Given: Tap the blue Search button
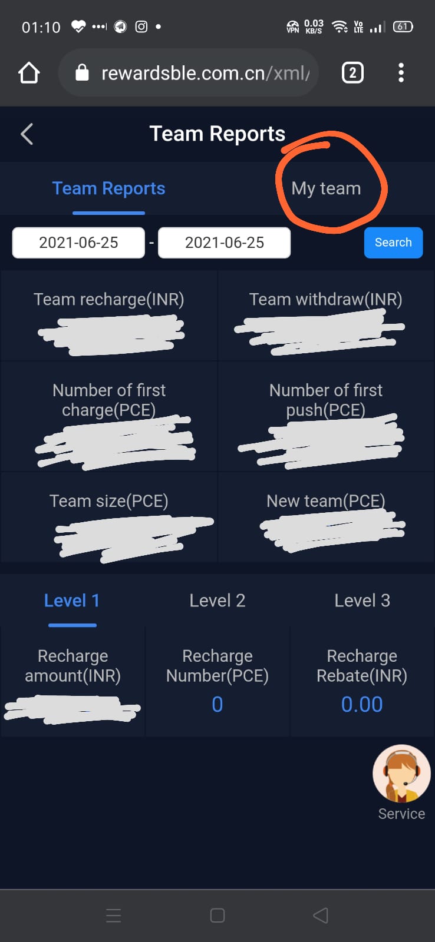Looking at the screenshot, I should pyautogui.click(x=393, y=243).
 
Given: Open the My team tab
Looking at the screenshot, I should pyautogui.click(x=326, y=188).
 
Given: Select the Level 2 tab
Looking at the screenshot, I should pyautogui.click(x=217, y=601).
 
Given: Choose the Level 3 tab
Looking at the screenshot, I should pyautogui.click(x=362, y=601).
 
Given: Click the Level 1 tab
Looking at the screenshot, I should pyautogui.click(x=72, y=601).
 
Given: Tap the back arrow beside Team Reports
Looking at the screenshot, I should pyautogui.click(x=27, y=134).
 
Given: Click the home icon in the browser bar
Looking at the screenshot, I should pyautogui.click(x=29, y=73).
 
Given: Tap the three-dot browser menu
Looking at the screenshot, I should pyautogui.click(x=401, y=73).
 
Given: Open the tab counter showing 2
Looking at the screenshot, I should pyautogui.click(x=352, y=73).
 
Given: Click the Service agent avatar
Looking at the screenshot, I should pyautogui.click(x=401, y=774).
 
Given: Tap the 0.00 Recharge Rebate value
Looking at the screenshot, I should pyautogui.click(x=362, y=704).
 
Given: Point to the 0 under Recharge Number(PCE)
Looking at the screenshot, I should pyautogui.click(x=217, y=704).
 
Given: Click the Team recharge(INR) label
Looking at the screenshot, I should pyautogui.click(x=109, y=300).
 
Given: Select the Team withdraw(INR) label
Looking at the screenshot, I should pyautogui.click(x=325, y=300).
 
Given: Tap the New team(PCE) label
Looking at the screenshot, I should pyautogui.click(x=325, y=501).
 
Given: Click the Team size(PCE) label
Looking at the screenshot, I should pyautogui.click(x=109, y=501).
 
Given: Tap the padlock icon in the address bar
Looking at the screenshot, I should pyautogui.click(x=82, y=73).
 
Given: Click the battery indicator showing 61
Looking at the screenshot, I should pyautogui.click(x=403, y=26).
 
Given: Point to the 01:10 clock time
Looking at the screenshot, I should pyautogui.click(x=41, y=27).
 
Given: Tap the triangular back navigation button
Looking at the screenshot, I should pyautogui.click(x=320, y=916).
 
